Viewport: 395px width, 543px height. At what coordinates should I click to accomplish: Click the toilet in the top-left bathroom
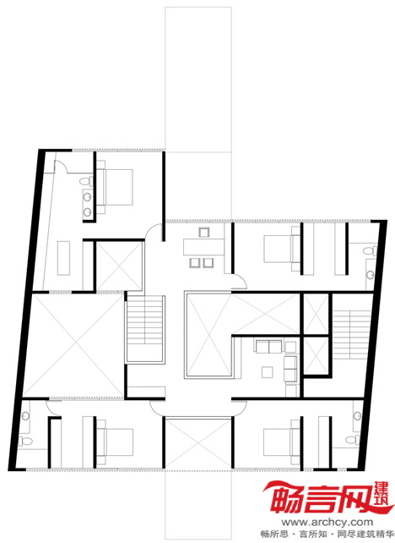pyautogui.click(x=86, y=181)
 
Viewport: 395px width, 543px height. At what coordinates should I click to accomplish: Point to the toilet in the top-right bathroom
pyautogui.click(x=369, y=250)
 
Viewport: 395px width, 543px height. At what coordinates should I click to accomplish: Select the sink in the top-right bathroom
pyautogui.click(x=371, y=275)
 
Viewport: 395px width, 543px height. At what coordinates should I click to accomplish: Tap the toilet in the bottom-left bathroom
pyautogui.click(x=25, y=441)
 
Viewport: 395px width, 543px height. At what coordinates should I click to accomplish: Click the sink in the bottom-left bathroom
pyautogui.click(x=25, y=415)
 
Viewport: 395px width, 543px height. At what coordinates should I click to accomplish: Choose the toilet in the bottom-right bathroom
pyautogui.click(x=352, y=440)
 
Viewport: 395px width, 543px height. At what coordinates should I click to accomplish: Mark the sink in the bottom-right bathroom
pyautogui.click(x=357, y=415)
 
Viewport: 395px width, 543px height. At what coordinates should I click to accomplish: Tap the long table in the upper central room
pyautogui.click(x=203, y=247)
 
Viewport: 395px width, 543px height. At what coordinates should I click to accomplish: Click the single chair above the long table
pyautogui.click(x=204, y=232)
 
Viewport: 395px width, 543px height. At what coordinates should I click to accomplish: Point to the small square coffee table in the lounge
pyautogui.click(x=268, y=372)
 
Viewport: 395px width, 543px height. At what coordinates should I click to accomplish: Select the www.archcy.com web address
pyautogui.click(x=327, y=522)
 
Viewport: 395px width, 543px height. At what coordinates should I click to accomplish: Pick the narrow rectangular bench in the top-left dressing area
pyautogui.click(x=63, y=258)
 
